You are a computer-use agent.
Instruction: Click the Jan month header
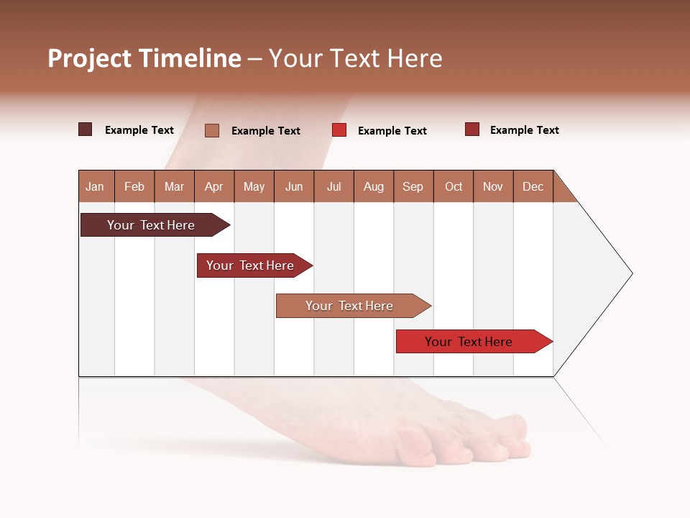pos(96,186)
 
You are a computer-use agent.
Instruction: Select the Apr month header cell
pos(214,186)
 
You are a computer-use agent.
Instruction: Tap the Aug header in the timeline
pos(374,186)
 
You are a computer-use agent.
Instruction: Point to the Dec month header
pos(533,186)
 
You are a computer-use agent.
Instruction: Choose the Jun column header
pos(294,186)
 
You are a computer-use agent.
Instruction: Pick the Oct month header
pos(454,186)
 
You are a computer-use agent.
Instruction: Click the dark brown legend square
pos(86,129)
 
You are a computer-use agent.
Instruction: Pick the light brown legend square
pos(212,130)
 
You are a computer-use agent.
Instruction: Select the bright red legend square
pos(339,130)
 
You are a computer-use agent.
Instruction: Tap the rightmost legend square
pos(472,129)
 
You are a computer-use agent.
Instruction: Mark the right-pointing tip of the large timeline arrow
pos(631,273)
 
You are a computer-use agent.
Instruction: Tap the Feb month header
pos(134,186)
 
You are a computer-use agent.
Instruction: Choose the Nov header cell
pos(493,186)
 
